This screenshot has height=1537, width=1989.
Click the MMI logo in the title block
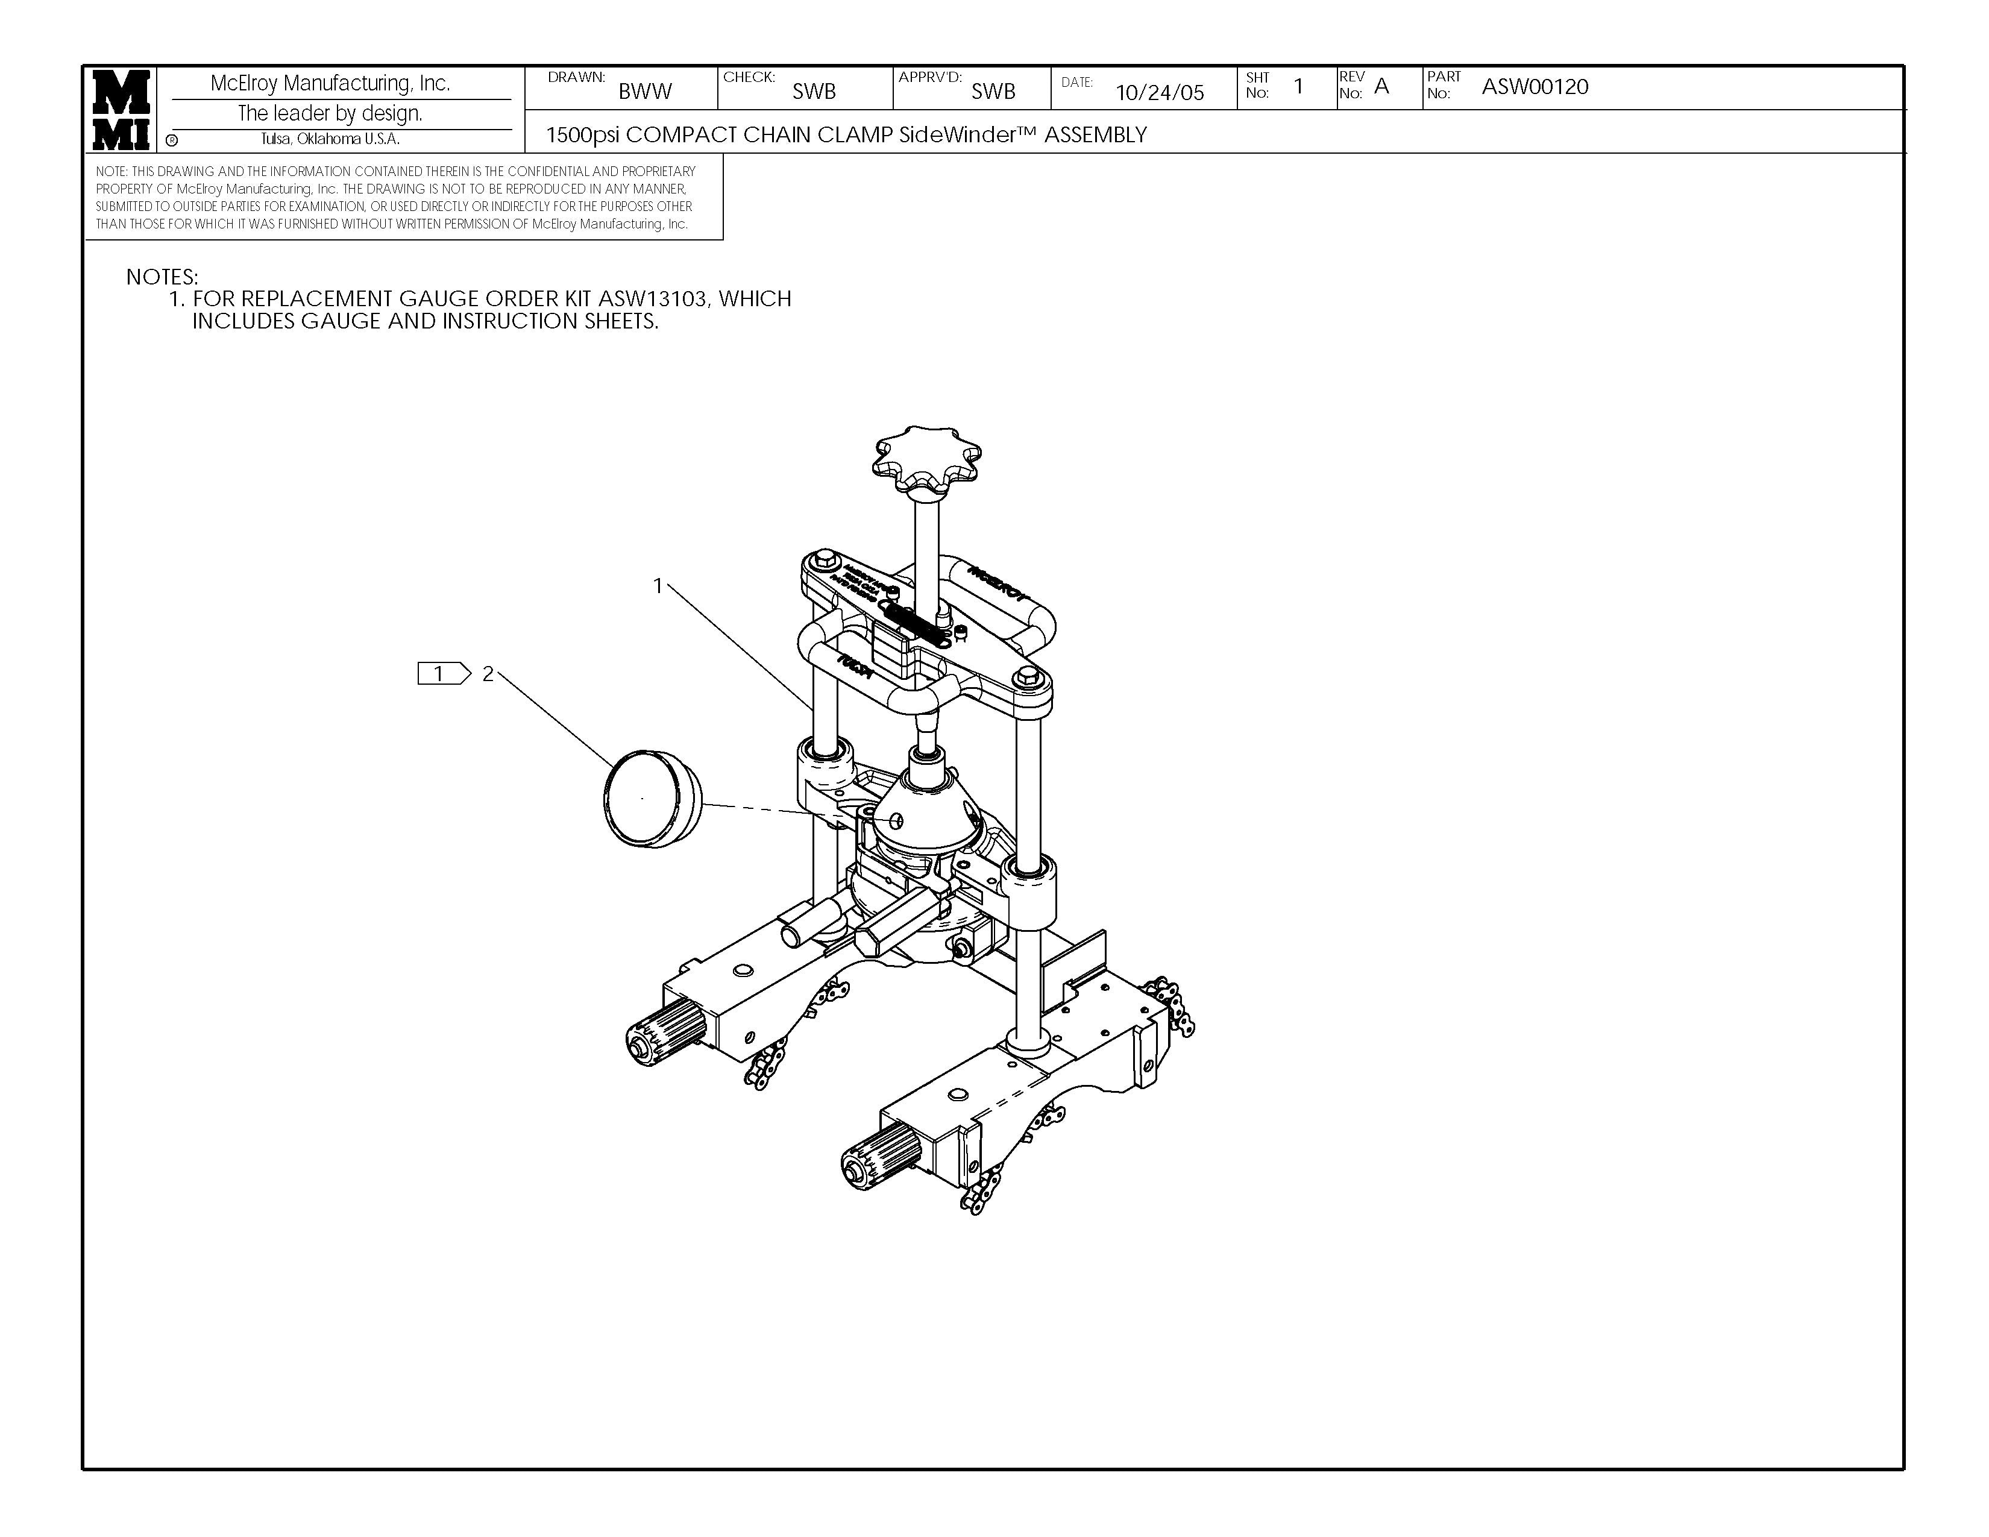pyautogui.click(x=120, y=109)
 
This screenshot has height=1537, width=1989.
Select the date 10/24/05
pyautogui.click(x=1159, y=92)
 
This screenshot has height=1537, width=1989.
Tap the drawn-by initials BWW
pyautogui.click(x=645, y=91)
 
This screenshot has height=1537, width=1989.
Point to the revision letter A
pyautogui.click(x=1381, y=87)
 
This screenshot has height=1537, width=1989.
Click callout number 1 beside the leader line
pyautogui.click(x=658, y=586)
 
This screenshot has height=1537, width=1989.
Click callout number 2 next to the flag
pyautogui.click(x=488, y=674)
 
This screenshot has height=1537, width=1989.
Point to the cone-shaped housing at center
pyautogui.click(x=926, y=806)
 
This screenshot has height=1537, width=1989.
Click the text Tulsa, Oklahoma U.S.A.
pyautogui.click(x=330, y=139)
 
